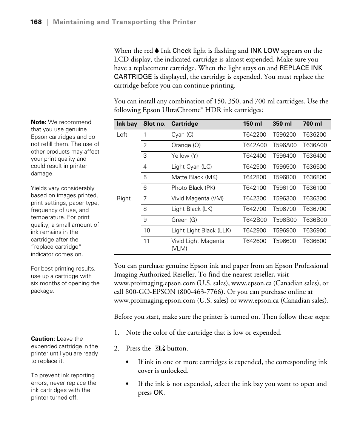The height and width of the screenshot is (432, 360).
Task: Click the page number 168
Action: tap(36, 22)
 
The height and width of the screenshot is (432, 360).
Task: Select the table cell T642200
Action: tap(254, 135)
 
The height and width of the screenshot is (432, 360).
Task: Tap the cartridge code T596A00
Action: tap(285, 145)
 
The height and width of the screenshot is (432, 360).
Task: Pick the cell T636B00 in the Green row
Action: tap(315, 220)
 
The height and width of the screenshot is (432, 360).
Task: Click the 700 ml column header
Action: tap(312, 124)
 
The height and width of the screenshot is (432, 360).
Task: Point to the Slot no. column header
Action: tap(154, 124)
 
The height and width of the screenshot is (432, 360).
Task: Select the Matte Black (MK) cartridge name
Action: tap(194, 177)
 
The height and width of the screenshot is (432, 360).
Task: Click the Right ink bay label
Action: tap(123, 198)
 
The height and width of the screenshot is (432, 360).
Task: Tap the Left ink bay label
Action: tap(122, 135)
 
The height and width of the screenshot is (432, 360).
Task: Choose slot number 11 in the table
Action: tap(146, 241)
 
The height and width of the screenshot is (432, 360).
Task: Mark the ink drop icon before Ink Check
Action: tap(157, 51)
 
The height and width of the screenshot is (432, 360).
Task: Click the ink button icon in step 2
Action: tap(160, 349)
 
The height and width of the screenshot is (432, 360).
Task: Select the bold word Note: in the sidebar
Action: tap(38, 122)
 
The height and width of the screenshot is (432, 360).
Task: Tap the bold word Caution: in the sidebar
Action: tap(43, 339)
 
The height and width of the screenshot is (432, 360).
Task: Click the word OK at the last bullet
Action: tap(158, 393)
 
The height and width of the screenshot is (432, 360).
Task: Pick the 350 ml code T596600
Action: tap(285, 241)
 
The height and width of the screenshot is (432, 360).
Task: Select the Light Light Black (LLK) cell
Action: tap(201, 231)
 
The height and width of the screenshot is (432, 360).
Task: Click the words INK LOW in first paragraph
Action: tap(265, 51)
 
